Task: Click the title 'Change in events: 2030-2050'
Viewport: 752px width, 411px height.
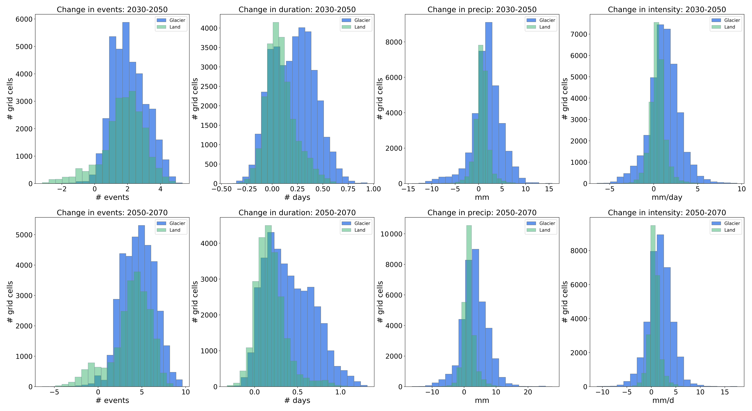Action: click(112, 10)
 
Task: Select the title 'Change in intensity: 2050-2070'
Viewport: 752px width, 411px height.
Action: click(667, 213)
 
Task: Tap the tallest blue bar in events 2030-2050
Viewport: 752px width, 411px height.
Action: click(126, 102)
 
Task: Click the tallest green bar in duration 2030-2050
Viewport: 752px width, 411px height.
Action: click(276, 102)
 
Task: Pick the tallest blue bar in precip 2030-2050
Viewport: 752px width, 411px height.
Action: click(488, 102)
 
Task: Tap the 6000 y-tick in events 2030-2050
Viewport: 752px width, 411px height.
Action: click(24, 19)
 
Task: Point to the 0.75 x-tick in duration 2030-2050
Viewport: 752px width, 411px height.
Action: click(348, 189)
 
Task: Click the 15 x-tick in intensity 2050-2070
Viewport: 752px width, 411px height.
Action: click(725, 392)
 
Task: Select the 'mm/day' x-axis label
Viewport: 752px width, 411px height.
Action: click(667, 197)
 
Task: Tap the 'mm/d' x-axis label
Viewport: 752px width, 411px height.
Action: click(663, 400)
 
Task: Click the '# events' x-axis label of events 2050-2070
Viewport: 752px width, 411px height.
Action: click(112, 400)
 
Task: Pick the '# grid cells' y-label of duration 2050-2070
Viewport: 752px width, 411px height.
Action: click(195, 302)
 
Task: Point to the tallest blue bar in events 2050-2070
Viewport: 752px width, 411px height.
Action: click(141, 306)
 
